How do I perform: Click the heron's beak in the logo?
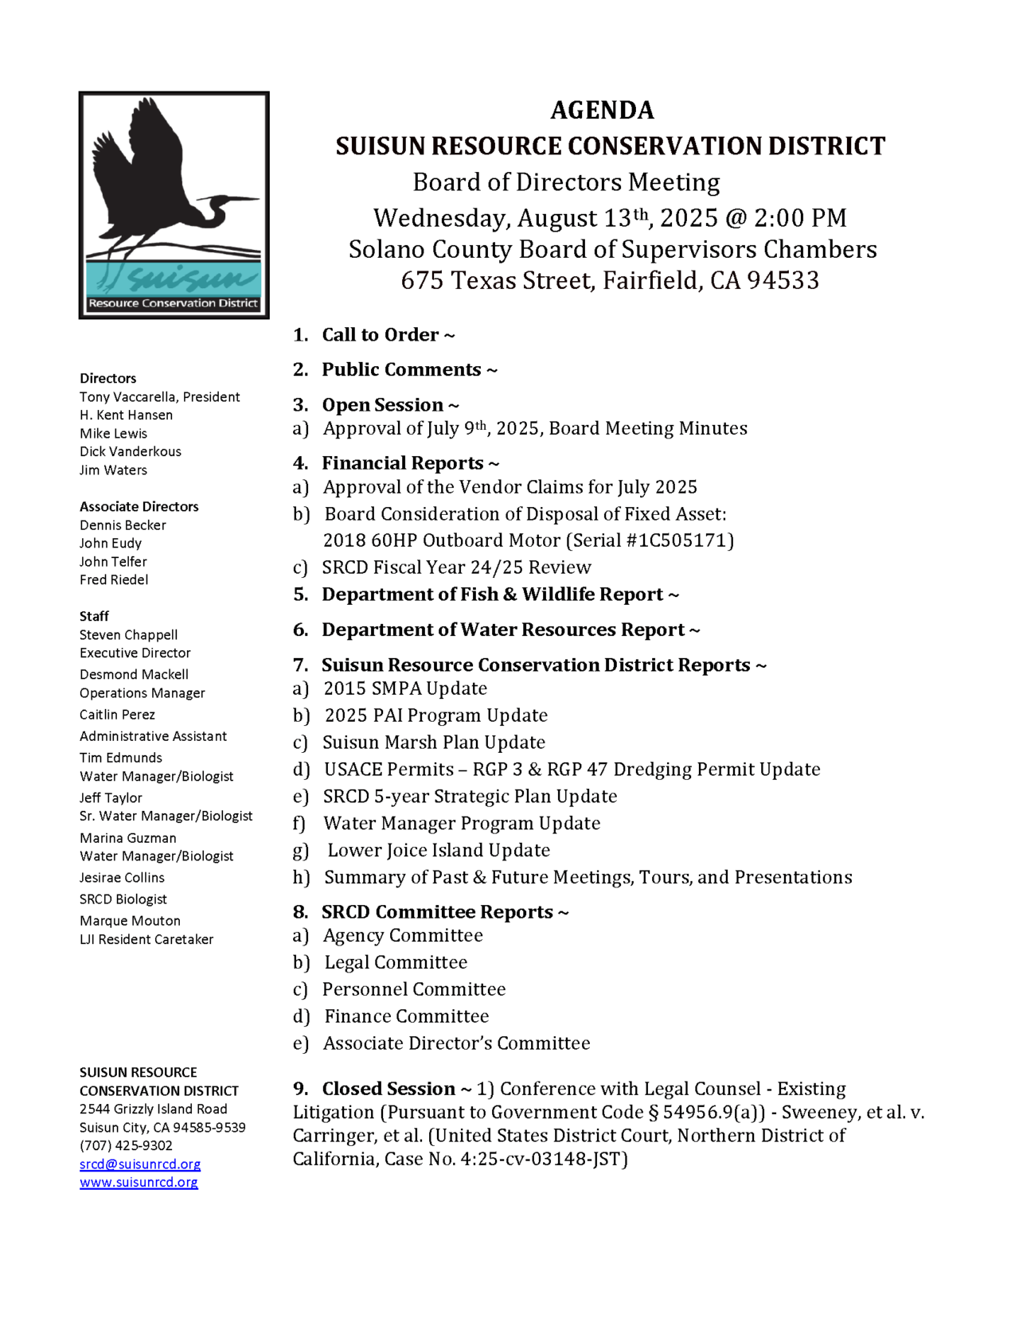click(243, 199)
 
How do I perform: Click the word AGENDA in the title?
click(602, 110)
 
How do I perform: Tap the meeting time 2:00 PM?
click(800, 218)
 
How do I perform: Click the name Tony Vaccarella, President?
click(159, 396)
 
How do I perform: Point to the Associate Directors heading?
click(139, 506)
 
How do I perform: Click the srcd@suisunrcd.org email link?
click(140, 1164)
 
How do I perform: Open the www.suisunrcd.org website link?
click(139, 1182)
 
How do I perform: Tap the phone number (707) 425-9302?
click(126, 1145)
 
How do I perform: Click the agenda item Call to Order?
click(380, 335)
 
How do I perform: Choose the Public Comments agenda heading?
click(401, 370)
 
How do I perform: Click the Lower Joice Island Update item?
click(439, 850)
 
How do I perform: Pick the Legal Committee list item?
click(396, 962)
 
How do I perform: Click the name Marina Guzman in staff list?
click(128, 837)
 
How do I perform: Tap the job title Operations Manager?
click(143, 693)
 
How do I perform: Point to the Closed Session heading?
click(388, 1089)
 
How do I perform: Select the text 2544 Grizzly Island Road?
click(154, 1109)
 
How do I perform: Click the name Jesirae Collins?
click(122, 877)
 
